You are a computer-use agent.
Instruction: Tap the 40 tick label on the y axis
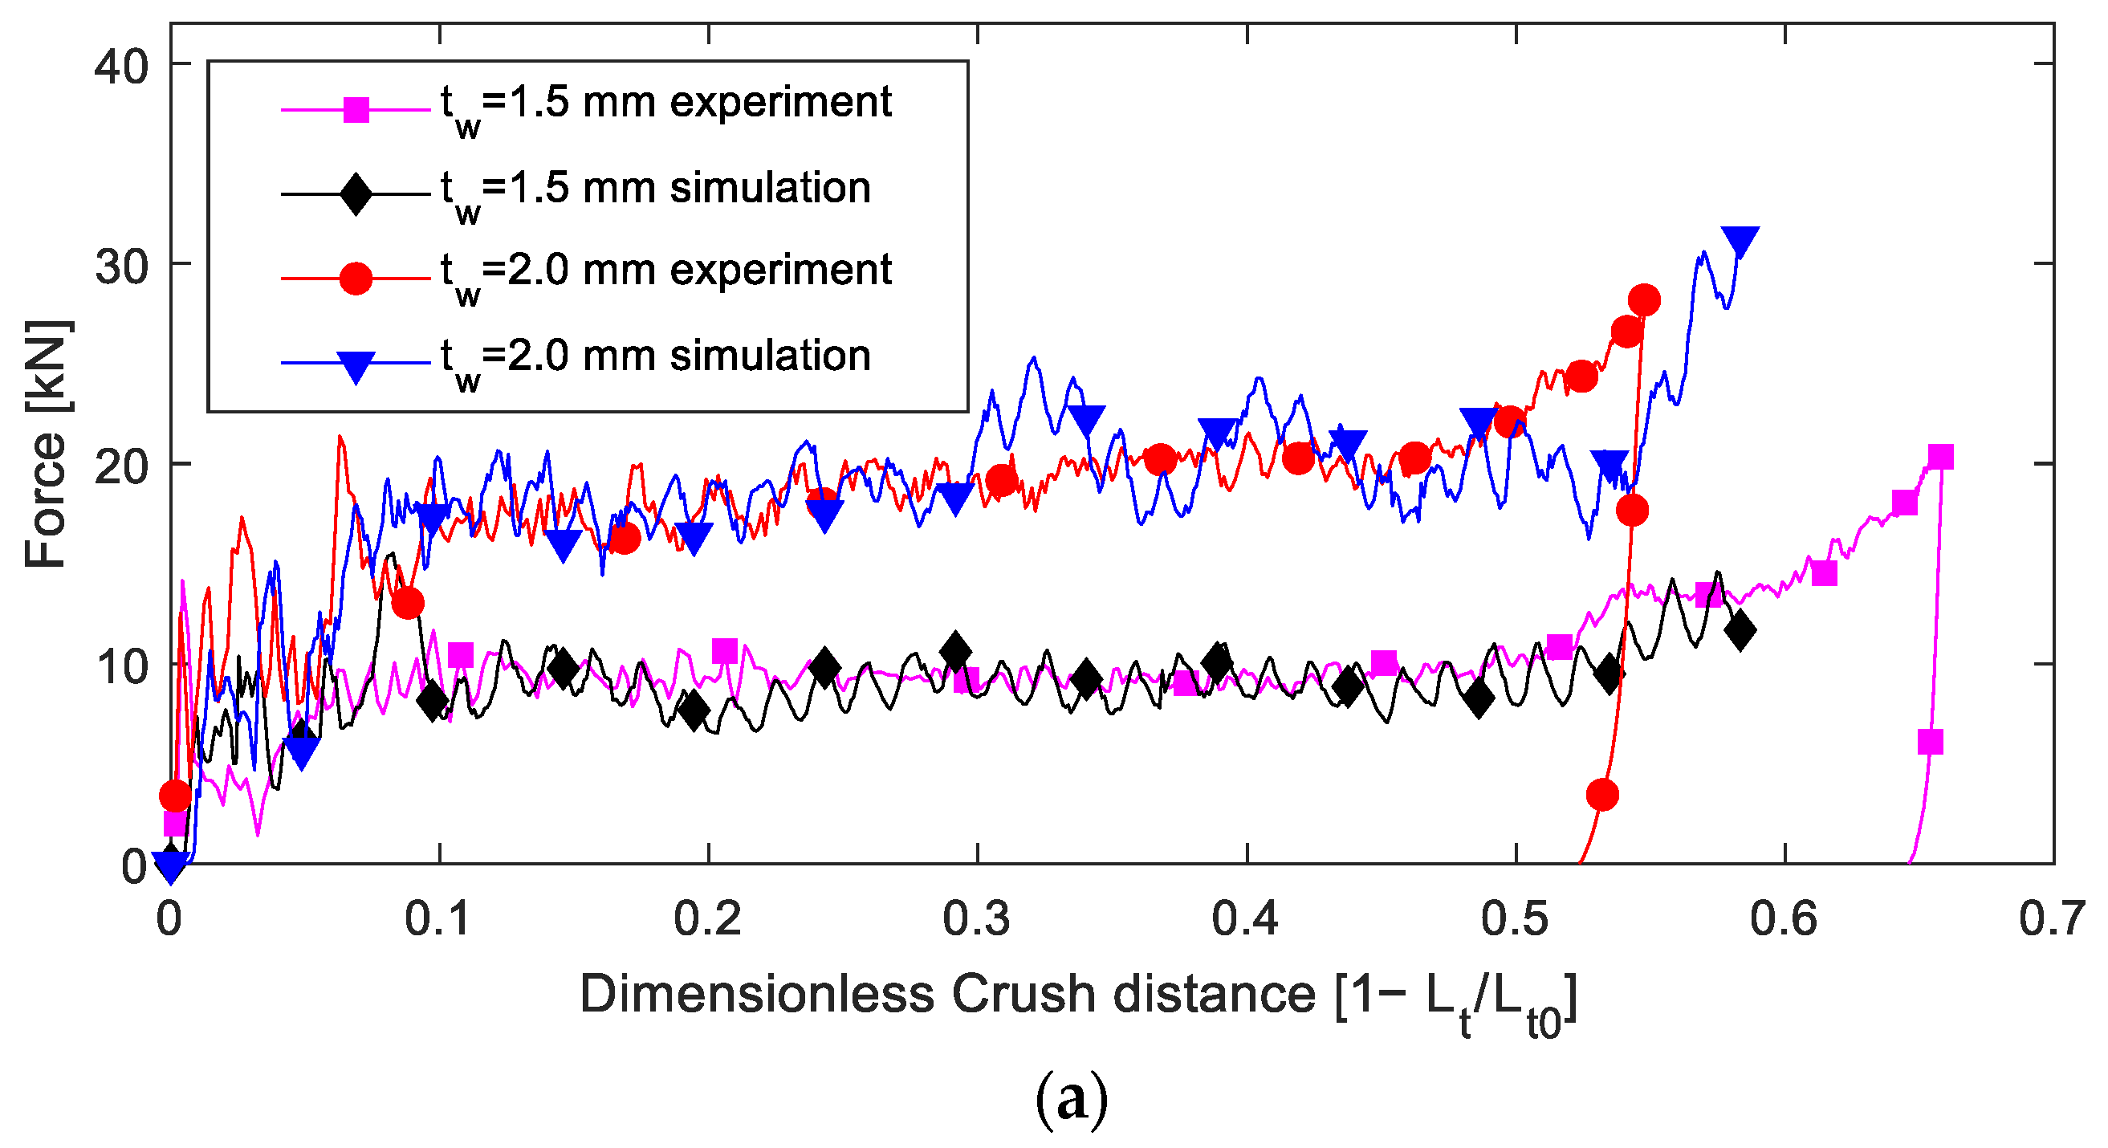pyautogui.click(x=122, y=66)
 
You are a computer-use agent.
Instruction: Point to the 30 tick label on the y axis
pyautogui.click(x=122, y=266)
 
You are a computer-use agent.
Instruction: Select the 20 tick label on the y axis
pyautogui.click(x=122, y=466)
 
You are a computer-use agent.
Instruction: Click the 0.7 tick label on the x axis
pyautogui.click(x=2053, y=918)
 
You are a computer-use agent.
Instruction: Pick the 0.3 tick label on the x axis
pyautogui.click(x=976, y=918)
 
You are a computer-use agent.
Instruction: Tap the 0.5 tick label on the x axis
pyautogui.click(x=1515, y=918)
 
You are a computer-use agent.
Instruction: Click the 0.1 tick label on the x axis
pyautogui.click(x=438, y=918)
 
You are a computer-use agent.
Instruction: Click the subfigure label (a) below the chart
pyautogui.click(x=1071, y=1100)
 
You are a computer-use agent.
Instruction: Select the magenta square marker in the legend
pyautogui.click(x=356, y=109)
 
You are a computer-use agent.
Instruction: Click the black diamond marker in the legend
pyautogui.click(x=356, y=194)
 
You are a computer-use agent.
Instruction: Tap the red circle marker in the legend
pyautogui.click(x=356, y=279)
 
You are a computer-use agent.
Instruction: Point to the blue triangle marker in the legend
pyautogui.click(x=356, y=367)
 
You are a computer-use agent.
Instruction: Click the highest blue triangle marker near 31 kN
pyautogui.click(x=1740, y=241)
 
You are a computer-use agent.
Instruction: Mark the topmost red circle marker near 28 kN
pyautogui.click(x=1644, y=300)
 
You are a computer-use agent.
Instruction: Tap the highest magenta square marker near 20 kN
pyautogui.click(x=1940, y=457)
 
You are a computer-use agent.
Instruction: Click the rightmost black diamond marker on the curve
pyautogui.click(x=1740, y=630)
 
